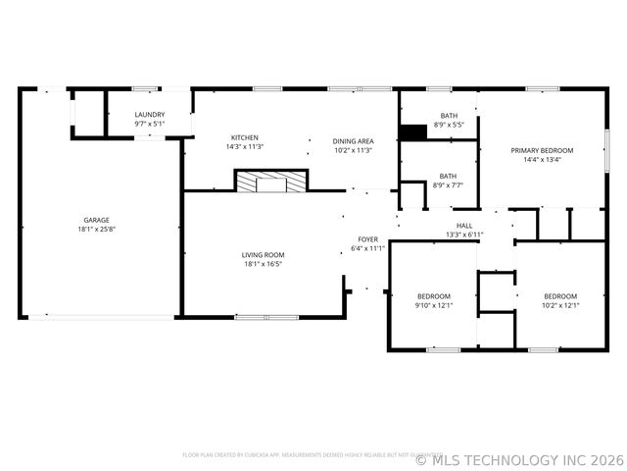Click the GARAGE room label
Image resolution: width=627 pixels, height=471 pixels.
coord(95,220)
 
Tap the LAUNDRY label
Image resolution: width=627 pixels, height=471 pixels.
coord(150,115)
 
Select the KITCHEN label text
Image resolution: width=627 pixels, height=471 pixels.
coord(245,137)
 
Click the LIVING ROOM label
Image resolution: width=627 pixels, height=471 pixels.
coord(263,255)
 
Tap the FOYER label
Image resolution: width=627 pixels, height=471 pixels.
coord(367,239)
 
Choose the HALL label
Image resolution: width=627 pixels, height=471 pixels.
coord(464,226)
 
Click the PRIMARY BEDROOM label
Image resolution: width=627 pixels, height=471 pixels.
coord(542,150)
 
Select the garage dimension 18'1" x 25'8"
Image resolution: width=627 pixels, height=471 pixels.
coord(96,229)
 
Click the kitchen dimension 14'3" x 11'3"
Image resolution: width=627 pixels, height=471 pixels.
coord(245,146)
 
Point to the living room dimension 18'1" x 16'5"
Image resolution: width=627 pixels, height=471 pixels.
coord(263,264)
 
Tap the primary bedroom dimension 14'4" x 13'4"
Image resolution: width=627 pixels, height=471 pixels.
coord(542,159)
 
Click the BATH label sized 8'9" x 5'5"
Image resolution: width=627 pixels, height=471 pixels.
coord(448,116)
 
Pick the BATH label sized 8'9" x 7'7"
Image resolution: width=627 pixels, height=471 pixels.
coord(448,177)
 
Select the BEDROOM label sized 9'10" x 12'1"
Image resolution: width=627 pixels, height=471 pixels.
coord(434,296)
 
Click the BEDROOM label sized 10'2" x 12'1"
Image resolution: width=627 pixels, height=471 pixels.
coord(560,296)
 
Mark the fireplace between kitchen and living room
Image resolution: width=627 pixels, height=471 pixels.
coord(270,182)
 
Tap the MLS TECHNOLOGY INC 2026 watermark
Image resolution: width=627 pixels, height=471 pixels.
coord(520,458)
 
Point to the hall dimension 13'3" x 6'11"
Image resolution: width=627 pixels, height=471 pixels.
coord(464,235)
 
